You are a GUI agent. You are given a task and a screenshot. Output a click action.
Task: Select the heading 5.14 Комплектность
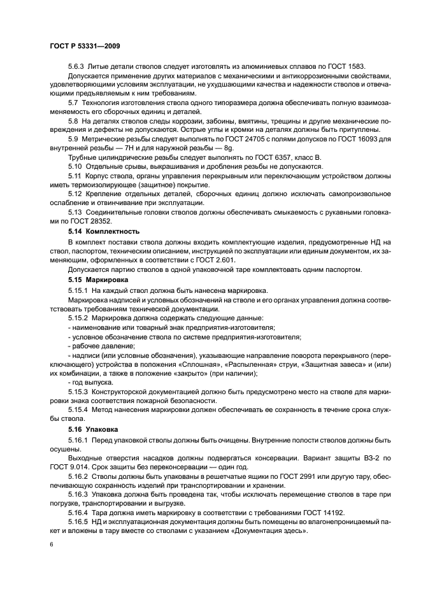[x=103, y=231]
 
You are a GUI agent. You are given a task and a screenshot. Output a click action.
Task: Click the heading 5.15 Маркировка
[x=98, y=280]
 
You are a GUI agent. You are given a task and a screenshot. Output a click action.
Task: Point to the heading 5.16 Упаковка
[x=94, y=429]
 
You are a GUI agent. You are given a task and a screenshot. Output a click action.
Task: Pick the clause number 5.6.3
[x=77, y=67]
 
